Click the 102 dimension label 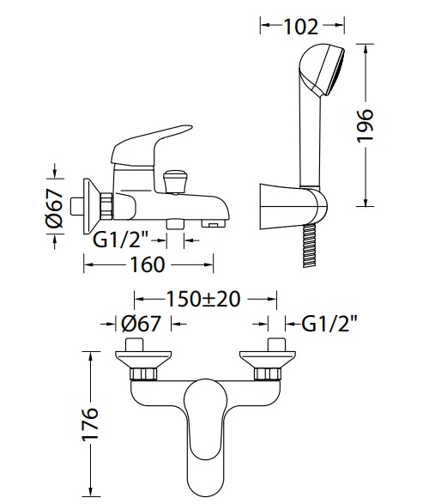click(301, 27)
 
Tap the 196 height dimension click(366, 125)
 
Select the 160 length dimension click(148, 264)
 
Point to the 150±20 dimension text click(203, 300)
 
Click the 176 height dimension click(90, 425)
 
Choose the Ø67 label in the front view click(141, 324)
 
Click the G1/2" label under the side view click(121, 240)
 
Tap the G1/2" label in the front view click(329, 324)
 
